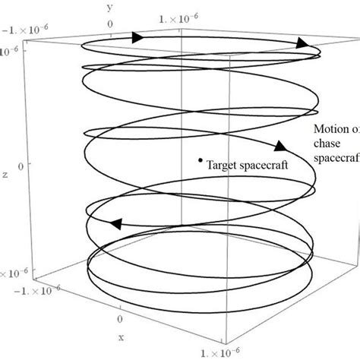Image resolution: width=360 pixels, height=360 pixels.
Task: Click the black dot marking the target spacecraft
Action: click(200, 160)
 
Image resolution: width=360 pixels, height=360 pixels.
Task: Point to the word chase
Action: click(327, 143)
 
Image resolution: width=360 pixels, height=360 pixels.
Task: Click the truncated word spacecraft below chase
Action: click(336, 156)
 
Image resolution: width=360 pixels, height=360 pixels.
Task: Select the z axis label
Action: click(5, 174)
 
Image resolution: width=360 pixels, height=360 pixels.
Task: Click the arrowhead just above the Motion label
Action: click(279, 146)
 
